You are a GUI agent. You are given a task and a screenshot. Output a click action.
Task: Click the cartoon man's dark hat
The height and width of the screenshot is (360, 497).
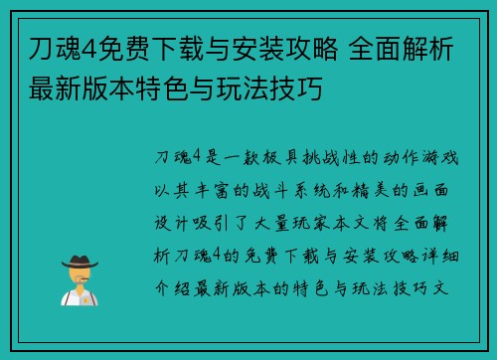[81, 261]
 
